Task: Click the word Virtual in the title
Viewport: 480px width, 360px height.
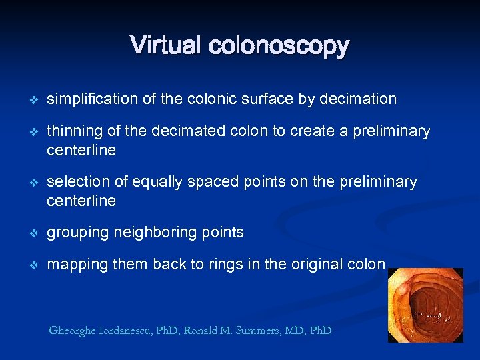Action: click(167, 45)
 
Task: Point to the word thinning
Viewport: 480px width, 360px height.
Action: click(71, 131)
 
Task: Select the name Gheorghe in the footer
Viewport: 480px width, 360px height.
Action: click(74, 331)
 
